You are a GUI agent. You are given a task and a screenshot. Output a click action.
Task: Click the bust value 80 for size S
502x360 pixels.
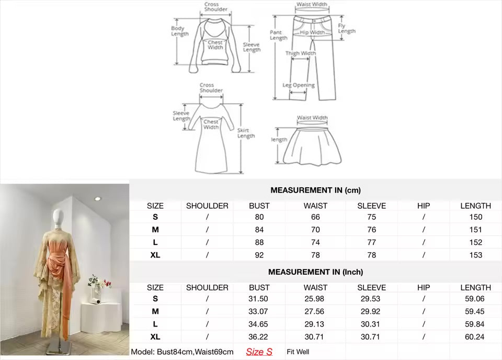259,217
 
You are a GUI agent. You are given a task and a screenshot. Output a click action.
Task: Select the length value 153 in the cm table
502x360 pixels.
476,255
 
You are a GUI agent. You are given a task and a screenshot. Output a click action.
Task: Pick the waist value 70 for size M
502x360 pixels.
315,230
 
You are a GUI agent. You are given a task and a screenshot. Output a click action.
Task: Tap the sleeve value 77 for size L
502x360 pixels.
371,242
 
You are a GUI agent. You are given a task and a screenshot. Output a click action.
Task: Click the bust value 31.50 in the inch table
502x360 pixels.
258,299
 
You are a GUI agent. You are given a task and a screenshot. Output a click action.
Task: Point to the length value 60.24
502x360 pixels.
474,337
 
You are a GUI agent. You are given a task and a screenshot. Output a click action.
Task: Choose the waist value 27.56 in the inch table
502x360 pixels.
314,311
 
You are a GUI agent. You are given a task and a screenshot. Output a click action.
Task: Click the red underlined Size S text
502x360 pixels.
259,352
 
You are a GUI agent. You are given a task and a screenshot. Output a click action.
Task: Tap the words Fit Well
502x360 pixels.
298,352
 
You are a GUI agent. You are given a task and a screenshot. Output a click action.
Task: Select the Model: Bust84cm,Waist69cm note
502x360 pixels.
182,352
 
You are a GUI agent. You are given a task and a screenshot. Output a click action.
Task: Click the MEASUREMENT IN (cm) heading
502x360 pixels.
316,190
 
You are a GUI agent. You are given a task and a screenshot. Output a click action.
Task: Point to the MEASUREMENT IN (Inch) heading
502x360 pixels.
316,272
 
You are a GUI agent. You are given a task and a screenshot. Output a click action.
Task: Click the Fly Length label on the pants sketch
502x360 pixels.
346,28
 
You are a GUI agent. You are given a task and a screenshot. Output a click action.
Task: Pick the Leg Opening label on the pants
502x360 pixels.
299,85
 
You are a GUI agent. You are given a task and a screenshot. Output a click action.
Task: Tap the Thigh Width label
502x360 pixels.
301,53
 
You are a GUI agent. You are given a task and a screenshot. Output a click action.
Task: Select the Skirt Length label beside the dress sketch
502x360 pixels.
246,133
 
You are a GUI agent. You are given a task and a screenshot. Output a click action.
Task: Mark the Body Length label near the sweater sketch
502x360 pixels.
179,31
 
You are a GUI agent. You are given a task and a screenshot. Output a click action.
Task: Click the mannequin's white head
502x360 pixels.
58,217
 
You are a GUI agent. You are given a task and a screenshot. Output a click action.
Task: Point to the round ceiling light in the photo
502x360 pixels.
97,199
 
